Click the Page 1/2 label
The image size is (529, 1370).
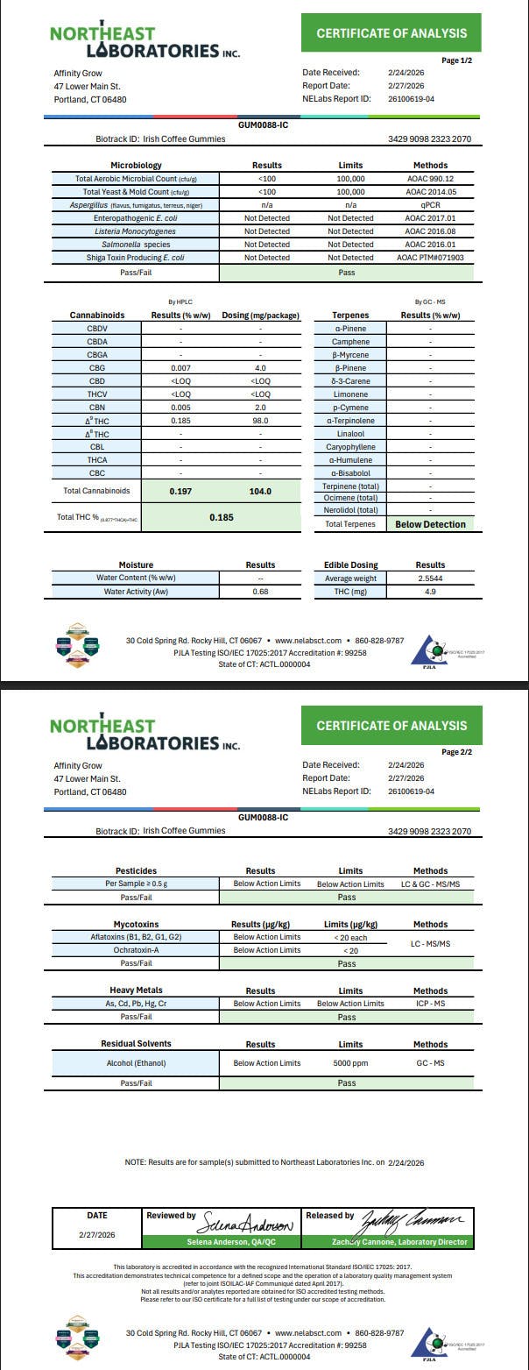pyautogui.click(x=456, y=60)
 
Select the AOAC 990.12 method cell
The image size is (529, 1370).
pyautogui.click(x=429, y=179)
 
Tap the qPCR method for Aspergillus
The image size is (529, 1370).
pyautogui.click(x=429, y=205)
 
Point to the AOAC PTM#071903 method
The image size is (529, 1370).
pyautogui.click(x=429, y=258)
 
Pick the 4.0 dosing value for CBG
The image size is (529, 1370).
pyautogui.click(x=260, y=368)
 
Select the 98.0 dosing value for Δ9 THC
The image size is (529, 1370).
pyautogui.click(x=260, y=421)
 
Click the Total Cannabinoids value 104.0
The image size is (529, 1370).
pyautogui.click(x=260, y=492)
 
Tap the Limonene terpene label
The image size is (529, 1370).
pyautogui.click(x=350, y=394)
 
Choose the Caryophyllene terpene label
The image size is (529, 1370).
pyautogui.click(x=350, y=447)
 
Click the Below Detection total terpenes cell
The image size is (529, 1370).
pyautogui.click(x=430, y=524)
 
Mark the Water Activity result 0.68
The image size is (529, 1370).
pyautogui.click(x=260, y=592)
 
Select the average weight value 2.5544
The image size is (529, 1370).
pyautogui.click(x=430, y=579)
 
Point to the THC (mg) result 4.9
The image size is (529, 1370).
pyautogui.click(x=430, y=592)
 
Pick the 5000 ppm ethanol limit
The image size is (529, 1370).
pyautogui.click(x=350, y=1063)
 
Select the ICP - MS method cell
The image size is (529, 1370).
pyautogui.click(x=430, y=1004)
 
